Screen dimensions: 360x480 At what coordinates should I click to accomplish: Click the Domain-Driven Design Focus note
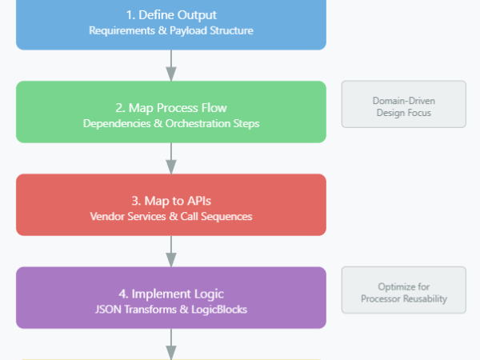coord(403,104)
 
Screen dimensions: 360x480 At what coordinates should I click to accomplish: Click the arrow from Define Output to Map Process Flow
coord(171,65)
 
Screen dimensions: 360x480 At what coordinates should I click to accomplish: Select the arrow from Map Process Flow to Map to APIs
coord(171,158)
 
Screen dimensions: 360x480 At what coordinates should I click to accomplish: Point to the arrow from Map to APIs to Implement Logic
coord(171,251)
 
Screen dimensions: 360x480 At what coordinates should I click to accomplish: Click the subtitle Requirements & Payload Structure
coord(171,30)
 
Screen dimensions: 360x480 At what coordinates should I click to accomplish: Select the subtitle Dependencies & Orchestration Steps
coord(171,123)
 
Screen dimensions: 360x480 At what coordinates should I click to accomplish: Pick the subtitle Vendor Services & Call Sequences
coord(171,216)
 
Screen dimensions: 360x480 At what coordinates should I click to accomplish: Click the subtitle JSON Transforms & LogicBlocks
coord(171,309)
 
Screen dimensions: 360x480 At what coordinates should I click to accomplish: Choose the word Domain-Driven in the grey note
coord(403,101)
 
